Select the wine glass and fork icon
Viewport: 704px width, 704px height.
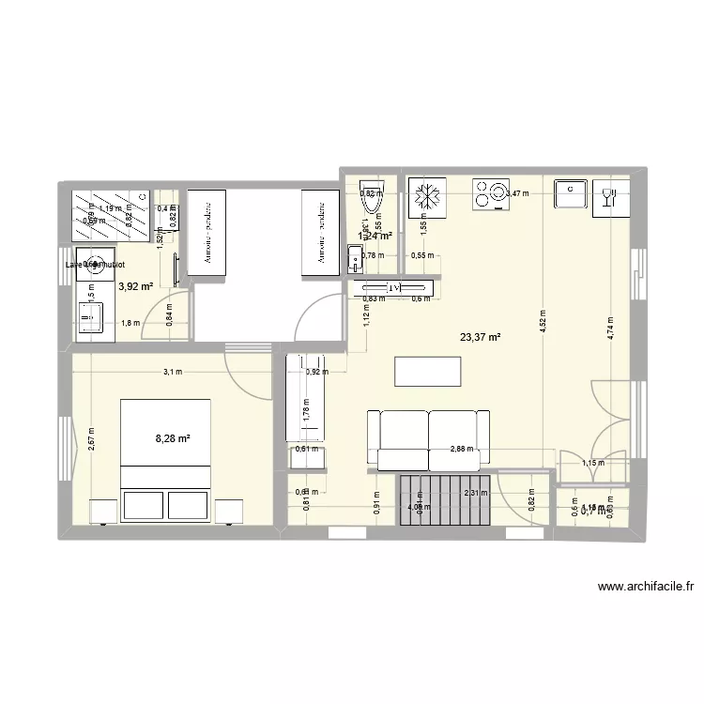pyautogui.click(x=608, y=197)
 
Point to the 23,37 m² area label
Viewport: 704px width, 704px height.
pyautogui.click(x=479, y=338)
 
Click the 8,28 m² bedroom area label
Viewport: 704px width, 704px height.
pyautogui.click(x=173, y=437)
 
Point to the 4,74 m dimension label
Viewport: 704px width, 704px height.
pyautogui.click(x=609, y=328)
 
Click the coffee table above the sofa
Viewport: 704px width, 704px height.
pyautogui.click(x=429, y=372)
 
